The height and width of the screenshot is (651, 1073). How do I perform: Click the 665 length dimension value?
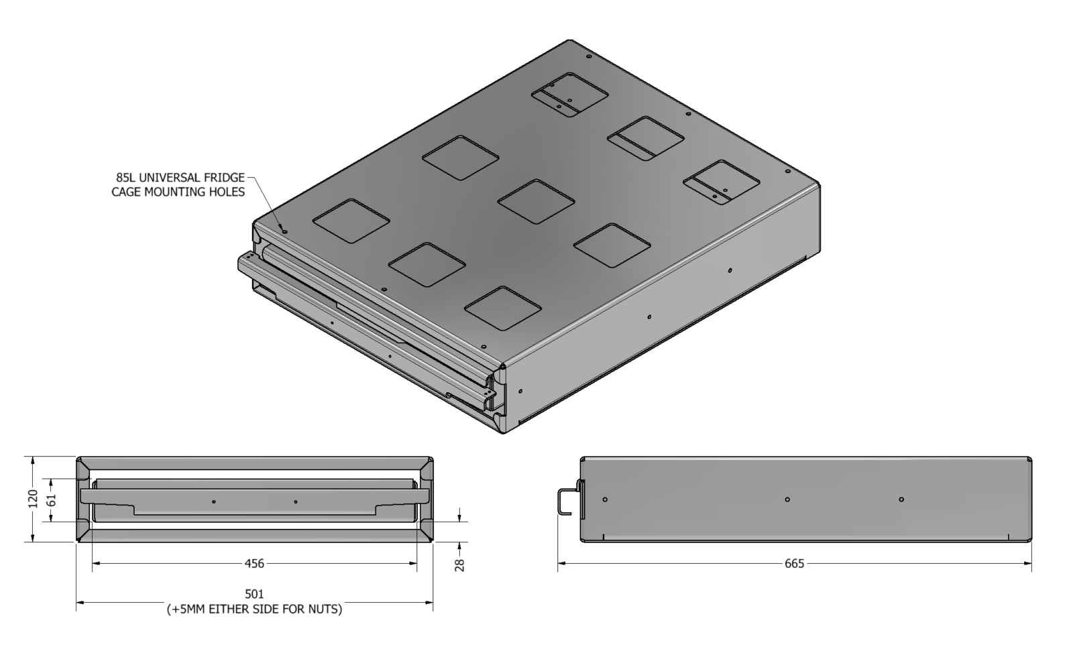tap(794, 564)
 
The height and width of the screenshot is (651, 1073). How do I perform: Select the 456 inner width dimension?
tap(254, 564)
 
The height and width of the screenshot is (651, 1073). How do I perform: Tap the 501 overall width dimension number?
tap(254, 594)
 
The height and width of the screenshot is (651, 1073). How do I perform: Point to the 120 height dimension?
tap(33, 499)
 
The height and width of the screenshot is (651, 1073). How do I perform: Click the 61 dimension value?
tap(51, 500)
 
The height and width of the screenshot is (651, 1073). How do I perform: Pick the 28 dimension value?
tap(459, 565)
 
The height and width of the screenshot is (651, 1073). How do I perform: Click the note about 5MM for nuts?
tap(254, 609)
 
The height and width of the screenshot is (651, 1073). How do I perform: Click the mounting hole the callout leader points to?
tap(285, 232)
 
